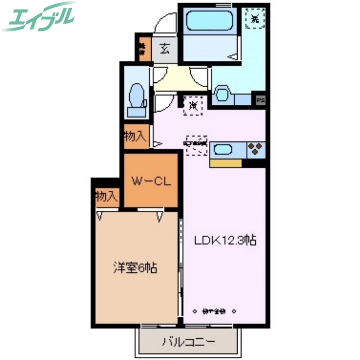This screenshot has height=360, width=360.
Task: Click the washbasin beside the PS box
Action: tap(222, 94)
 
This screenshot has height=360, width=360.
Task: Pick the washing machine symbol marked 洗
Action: tap(255, 18)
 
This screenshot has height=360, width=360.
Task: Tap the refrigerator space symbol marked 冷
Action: tap(193, 106)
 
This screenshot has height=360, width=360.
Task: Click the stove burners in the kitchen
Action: tap(255, 148)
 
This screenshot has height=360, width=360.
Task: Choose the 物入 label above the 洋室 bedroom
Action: tap(107, 197)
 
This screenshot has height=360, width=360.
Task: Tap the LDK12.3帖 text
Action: tap(225, 241)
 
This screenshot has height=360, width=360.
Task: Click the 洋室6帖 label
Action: tap(135, 269)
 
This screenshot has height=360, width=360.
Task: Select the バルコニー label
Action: tap(189, 342)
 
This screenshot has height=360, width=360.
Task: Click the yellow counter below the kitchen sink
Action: tap(226, 163)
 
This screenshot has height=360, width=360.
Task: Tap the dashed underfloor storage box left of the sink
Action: tap(197, 144)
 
